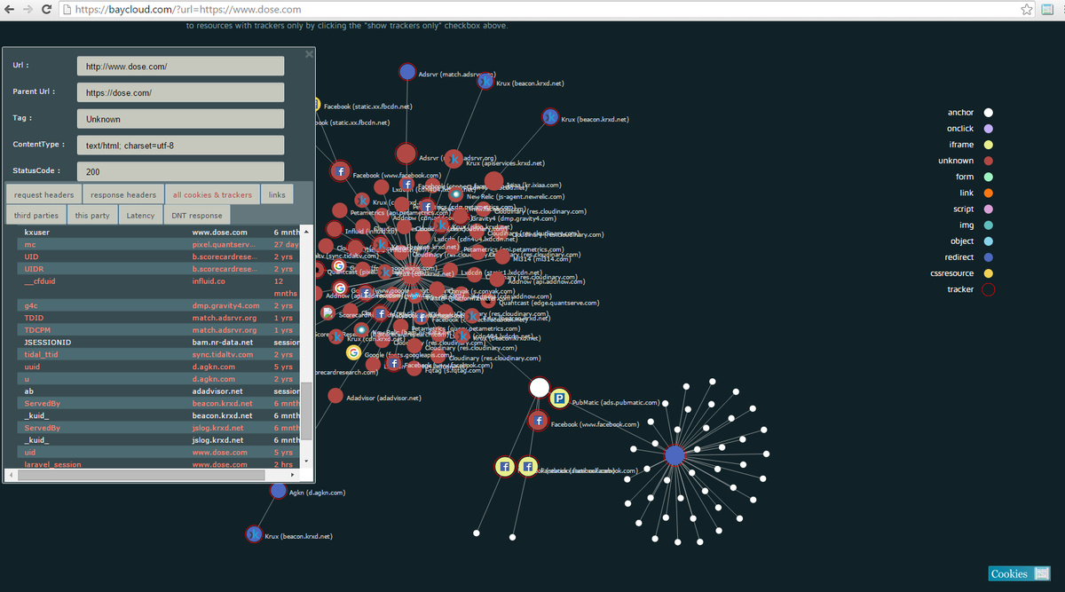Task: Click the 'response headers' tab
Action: (x=123, y=194)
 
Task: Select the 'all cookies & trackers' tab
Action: (x=212, y=194)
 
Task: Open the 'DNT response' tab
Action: (x=197, y=215)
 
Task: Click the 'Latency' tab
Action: (x=140, y=215)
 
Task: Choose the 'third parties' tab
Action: (x=35, y=215)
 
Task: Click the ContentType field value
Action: (x=180, y=145)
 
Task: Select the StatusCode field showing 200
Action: (x=180, y=171)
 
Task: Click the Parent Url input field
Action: (x=180, y=92)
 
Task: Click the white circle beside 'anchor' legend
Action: (x=989, y=113)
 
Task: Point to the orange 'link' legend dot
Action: (x=989, y=193)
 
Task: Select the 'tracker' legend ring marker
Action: (x=989, y=289)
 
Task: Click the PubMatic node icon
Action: (x=559, y=399)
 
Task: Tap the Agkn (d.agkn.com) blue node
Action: (x=278, y=490)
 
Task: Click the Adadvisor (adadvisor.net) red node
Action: (x=335, y=396)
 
